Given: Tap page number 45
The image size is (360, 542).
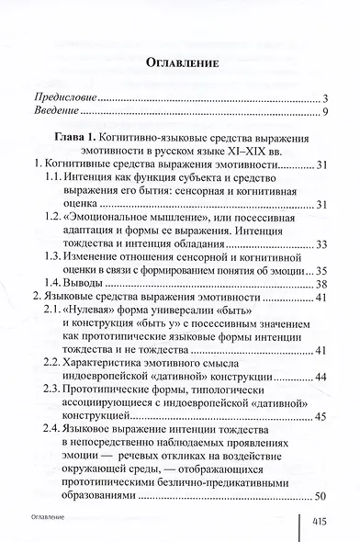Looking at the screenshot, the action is [x=321, y=416].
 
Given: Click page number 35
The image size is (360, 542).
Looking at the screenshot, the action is [x=321, y=271].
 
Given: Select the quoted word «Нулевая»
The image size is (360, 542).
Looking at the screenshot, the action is [x=96, y=318].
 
